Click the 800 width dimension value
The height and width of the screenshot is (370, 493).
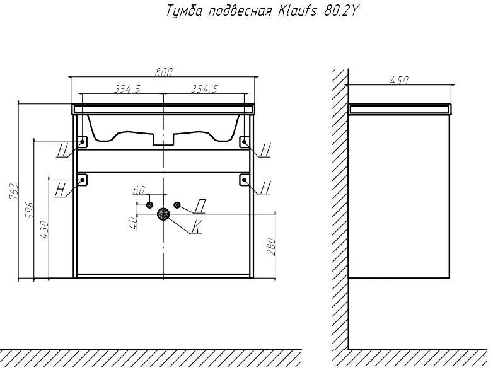pos(164,72)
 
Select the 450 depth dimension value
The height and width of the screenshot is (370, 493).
pos(399,81)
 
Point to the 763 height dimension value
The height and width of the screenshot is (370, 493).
pos(14,191)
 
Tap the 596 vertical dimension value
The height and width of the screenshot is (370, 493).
pos(29,211)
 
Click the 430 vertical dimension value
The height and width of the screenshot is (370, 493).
pos(44,229)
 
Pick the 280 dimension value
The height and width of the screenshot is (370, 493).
pos(270,246)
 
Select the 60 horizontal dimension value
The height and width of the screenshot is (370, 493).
pos(139,190)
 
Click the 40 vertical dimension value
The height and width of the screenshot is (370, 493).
pos(132,223)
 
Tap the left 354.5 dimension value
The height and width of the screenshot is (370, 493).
pos(127,89)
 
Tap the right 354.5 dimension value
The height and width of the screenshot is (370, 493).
pos(204,89)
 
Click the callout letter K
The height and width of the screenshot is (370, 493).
pos(197,227)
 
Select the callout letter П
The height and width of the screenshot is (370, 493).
pos(200,206)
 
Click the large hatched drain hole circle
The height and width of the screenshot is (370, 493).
pos(163,214)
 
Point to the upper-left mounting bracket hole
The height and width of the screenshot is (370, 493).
pos(83,142)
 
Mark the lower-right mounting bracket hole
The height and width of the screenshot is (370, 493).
pos(245,180)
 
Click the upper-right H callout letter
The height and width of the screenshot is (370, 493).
pos(265,149)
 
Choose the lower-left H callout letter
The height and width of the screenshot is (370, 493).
pos(60,190)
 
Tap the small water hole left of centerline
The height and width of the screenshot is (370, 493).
pos(149,205)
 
